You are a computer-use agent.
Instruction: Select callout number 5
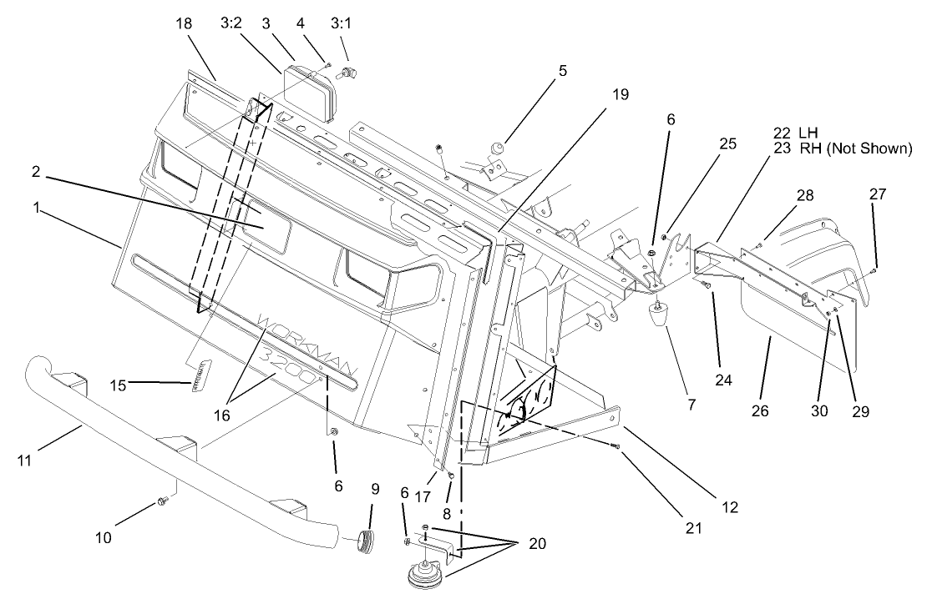[x=563, y=71]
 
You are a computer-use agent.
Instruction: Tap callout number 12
[x=730, y=505]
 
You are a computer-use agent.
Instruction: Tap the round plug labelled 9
[x=363, y=541]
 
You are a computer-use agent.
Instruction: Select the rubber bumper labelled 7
[x=660, y=318]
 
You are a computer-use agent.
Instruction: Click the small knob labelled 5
[x=496, y=148]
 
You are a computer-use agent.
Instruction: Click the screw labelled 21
[x=615, y=447]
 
